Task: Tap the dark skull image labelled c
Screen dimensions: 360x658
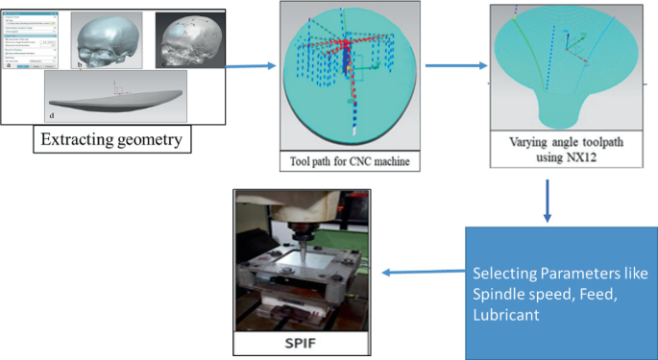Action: (188, 41)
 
